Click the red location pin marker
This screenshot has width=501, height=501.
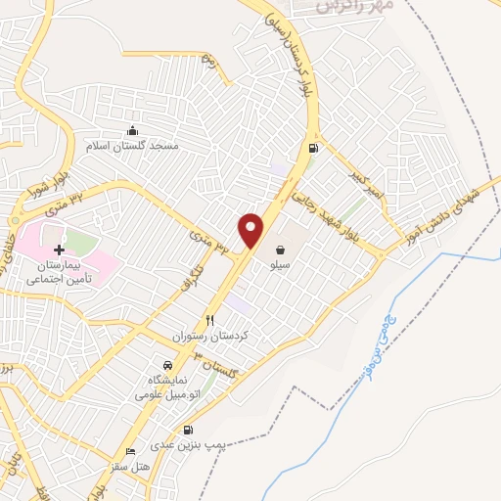tap(252, 230)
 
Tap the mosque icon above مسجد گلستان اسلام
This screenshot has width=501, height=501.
tap(134, 131)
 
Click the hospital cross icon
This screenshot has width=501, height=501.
tap(59, 250)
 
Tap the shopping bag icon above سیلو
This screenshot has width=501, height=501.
tap(281, 250)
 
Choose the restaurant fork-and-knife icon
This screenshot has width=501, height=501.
tap(209, 320)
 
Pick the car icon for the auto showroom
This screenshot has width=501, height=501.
tap(167, 364)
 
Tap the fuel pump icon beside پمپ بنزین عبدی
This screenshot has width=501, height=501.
tap(187, 430)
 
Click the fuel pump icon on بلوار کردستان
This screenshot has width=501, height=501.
tap(313, 149)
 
